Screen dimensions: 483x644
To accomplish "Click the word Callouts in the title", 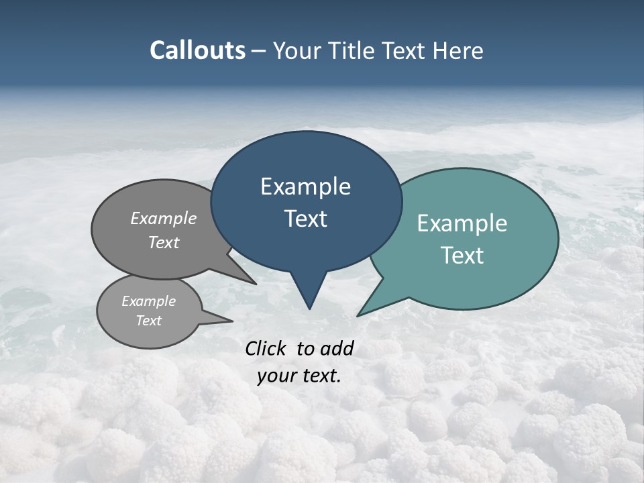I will click(197, 51).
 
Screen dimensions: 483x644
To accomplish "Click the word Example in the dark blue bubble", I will click(305, 186).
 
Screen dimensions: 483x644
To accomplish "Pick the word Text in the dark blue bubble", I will click(305, 219).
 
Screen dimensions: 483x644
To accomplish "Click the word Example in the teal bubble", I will click(462, 223).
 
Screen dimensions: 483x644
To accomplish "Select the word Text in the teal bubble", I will click(462, 256).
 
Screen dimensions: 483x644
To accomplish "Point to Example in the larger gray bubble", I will click(163, 218).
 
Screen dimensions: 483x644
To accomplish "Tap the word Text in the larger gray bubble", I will click(163, 242).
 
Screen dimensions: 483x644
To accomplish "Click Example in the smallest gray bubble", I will click(148, 301).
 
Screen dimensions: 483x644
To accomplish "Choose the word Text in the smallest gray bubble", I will click(148, 321).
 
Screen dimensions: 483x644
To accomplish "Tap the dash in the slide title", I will click(260, 51).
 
